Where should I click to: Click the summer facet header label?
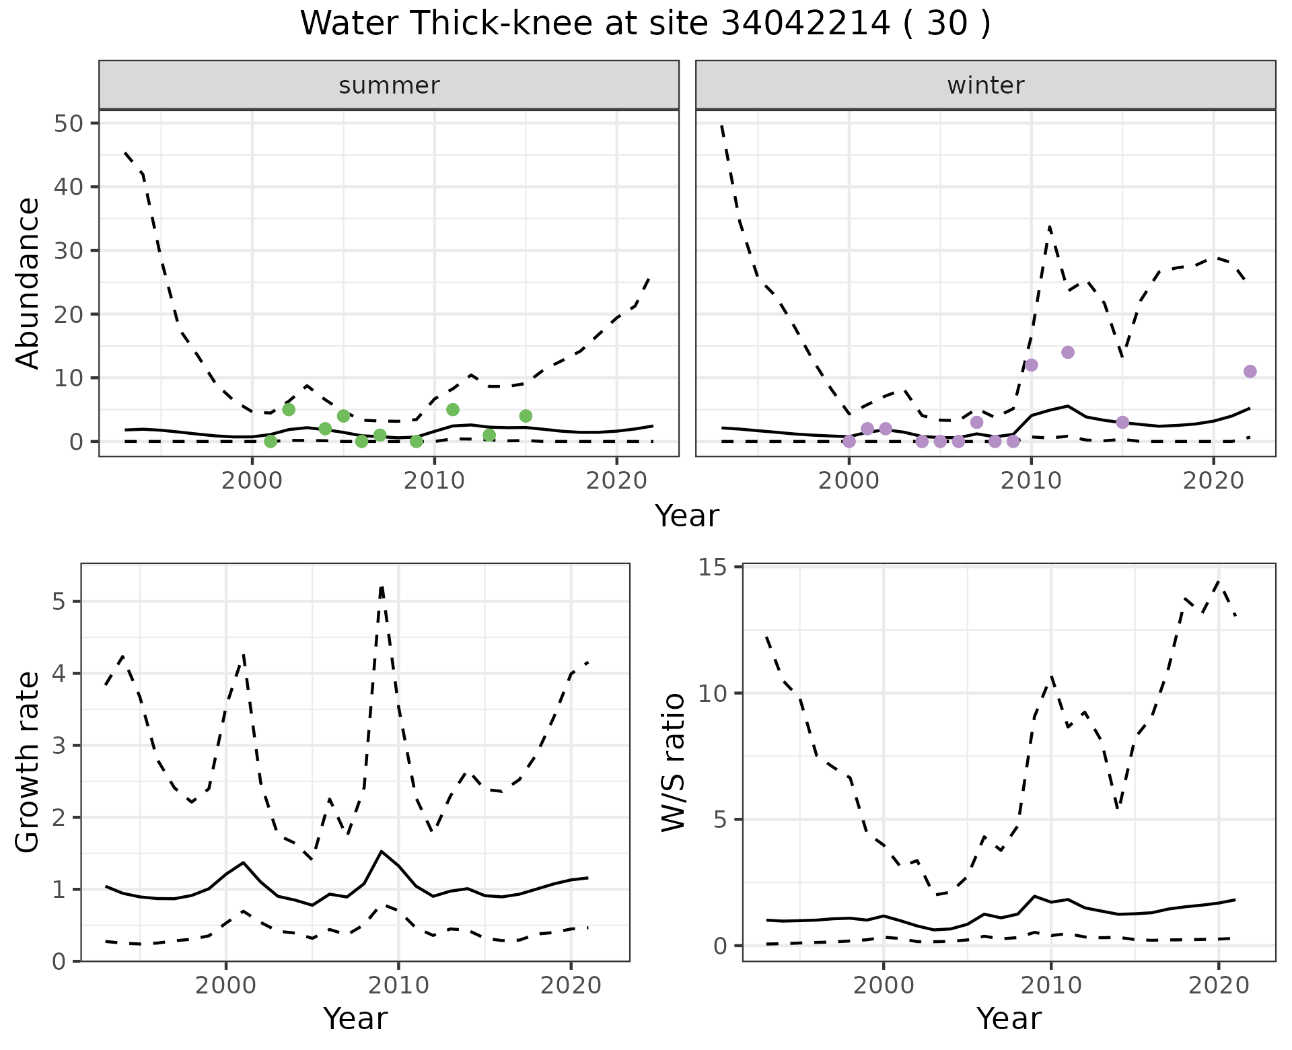click(x=389, y=85)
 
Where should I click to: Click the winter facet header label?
click(x=985, y=85)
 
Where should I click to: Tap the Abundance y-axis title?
click(x=28, y=283)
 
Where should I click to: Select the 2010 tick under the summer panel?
click(x=435, y=481)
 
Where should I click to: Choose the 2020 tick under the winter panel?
click(x=1213, y=481)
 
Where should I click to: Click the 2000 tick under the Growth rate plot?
click(x=226, y=985)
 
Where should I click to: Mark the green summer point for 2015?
click(x=526, y=416)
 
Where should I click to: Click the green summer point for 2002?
click(x=289, y=409)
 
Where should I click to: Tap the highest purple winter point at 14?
click(x=1068, y=352)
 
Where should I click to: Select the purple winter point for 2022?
click(x=1250, y=372)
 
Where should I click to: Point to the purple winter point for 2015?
click(x=1122, y=422)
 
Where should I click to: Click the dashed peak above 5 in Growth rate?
click(x=382, y=587)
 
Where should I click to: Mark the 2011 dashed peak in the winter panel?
click(x=1049, y=227)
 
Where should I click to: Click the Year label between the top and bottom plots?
click(x=687, y=516)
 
